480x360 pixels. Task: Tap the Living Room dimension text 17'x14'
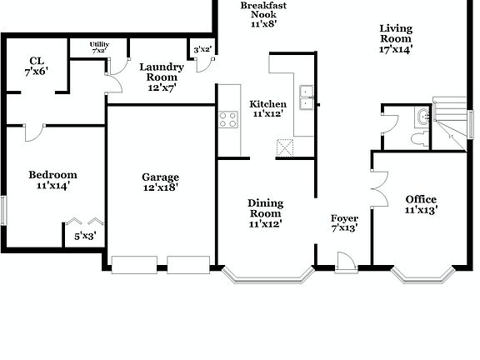coord(395,49)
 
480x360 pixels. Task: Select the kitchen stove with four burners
coord(228,119)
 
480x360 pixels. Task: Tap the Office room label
coord(421,199)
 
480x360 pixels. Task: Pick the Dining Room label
coord(266,207)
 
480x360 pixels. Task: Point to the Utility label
coord(99,45)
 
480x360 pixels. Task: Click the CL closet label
coord(36,60)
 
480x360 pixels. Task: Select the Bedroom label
coord(52,175)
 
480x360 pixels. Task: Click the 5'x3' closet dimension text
coord(84,236)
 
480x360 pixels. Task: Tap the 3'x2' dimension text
coord(202,50)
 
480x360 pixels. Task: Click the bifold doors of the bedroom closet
coord(84,222)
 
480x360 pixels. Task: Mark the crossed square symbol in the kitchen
coord(286,147)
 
